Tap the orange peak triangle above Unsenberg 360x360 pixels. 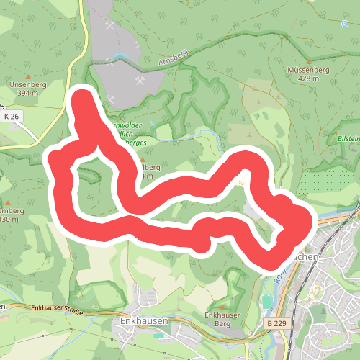pyautogui.click(x=28, y=75)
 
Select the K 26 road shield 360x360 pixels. pyautogui.click(x=11, y=116)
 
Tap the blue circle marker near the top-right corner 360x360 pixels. pyautogui.click(x=345, y=24)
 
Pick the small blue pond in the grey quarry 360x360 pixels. pyautogui.click(x=123, y=55)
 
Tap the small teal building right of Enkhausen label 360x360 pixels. pyautogui.click(x=159, y=336)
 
